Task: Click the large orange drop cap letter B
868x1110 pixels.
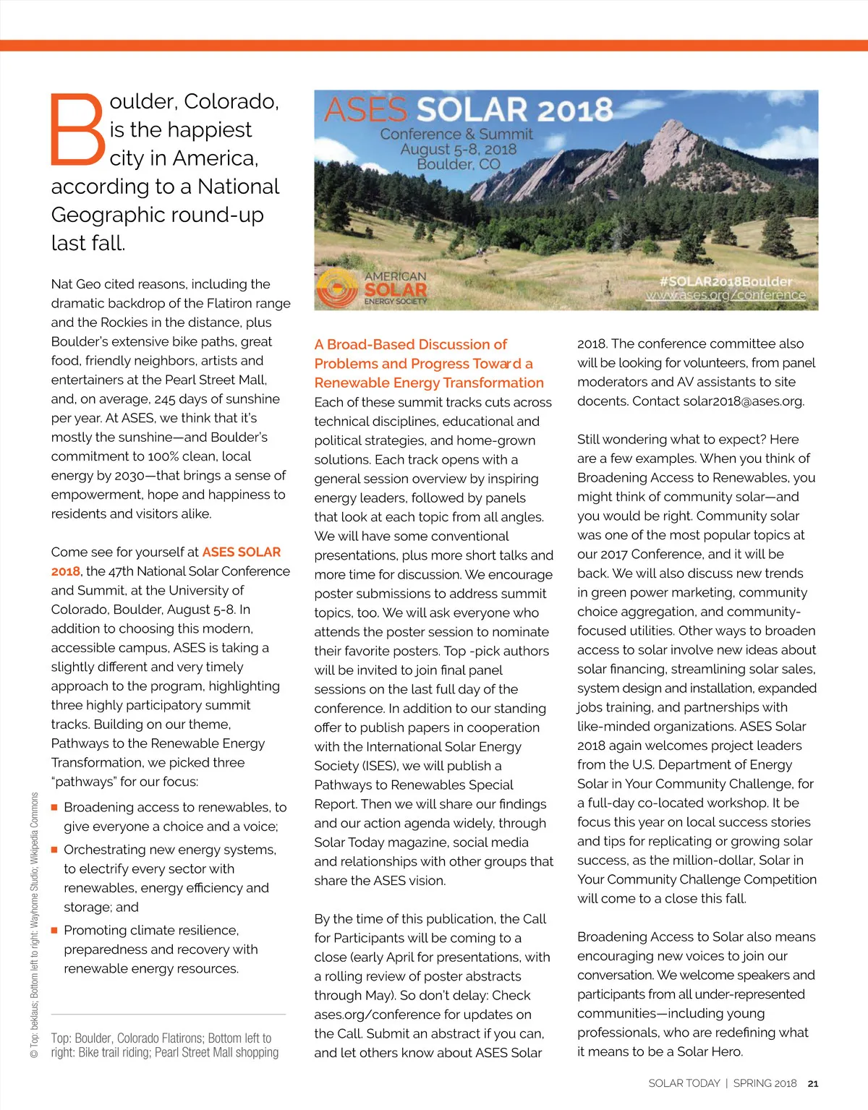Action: click(x=77, y=129)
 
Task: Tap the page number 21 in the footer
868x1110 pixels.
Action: click(x=813, y=1083)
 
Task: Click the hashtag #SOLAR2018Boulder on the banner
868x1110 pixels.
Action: click(x=726, y=281)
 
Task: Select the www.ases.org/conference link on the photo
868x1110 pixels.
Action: click(x=726, y=295)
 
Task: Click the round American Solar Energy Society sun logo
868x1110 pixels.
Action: click(x=338, y=289)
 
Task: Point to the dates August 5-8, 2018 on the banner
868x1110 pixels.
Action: click(x=459, y=149)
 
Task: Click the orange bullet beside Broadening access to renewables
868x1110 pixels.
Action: click(x=54, y=807)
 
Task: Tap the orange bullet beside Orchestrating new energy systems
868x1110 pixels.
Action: click(x=54, y=850)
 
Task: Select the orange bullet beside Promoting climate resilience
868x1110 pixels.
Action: click(x=54, y=930)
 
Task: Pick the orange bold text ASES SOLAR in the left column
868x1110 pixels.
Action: click(x=242, y=552)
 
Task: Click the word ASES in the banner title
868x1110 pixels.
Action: click(x=365, y=110)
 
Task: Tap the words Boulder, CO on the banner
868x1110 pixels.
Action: click(x=459, y=164)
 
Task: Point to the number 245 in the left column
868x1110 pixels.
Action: click(x=165, y=398)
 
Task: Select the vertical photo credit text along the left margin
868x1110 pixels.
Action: click(x=35, y=926)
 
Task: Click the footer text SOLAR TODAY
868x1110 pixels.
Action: click(x=684, y=1083)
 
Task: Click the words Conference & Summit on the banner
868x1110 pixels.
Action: click(x=456, y=134)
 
